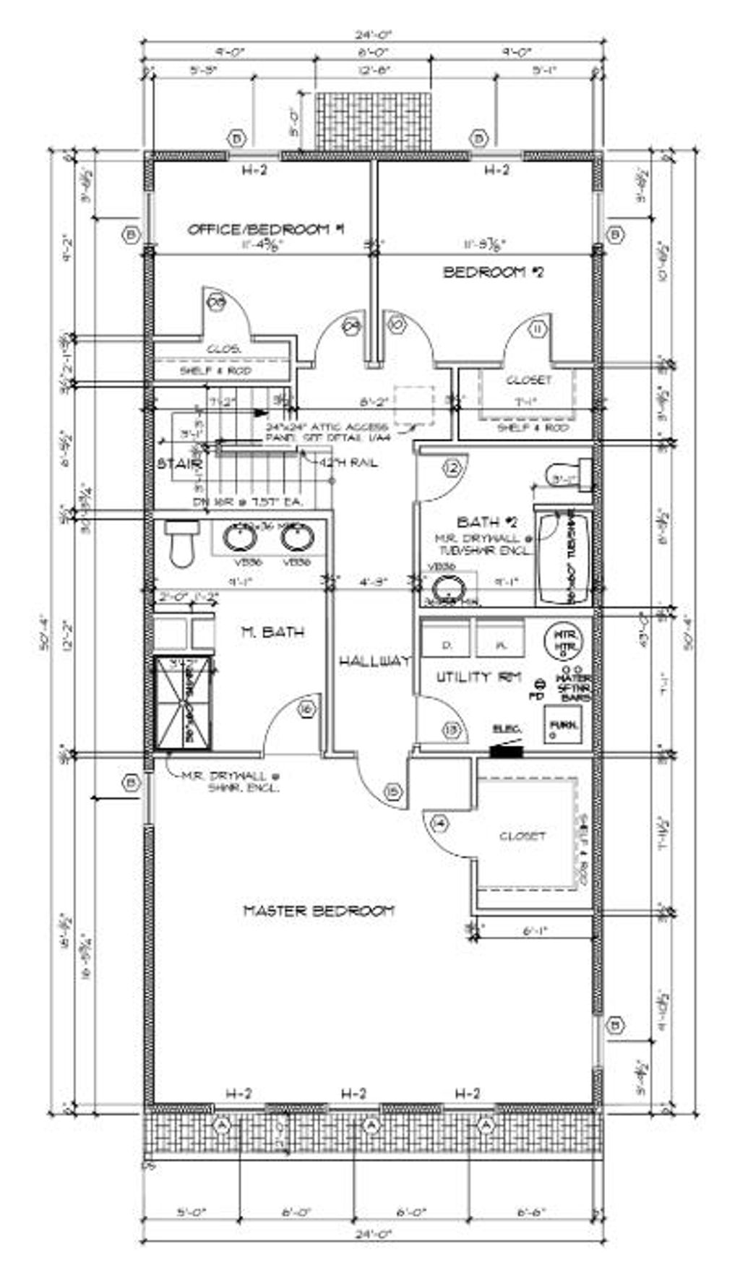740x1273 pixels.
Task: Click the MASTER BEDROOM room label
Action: pyautogui.click(x=319, y=910)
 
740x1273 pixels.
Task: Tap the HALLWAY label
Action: pyautogui.click(x=374, y=661)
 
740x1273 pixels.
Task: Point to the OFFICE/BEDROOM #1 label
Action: pyautogui.click(x=265, y=230)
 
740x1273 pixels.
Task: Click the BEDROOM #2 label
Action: pyautogui.click(x=493, y=273)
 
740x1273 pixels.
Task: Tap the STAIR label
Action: pyautogui.click(x=178, y=463)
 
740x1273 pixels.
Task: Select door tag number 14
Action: pyautogui.click(x=439, y=823)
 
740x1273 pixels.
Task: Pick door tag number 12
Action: pyautogui.click(x=452, y=468)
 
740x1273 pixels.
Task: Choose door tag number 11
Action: pyautogui.click(x=537, y=329)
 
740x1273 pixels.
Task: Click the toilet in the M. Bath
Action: pyautogui.click(x=180, y=544)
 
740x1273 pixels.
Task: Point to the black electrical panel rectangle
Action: pyautogui.click(x=506, y=751)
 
